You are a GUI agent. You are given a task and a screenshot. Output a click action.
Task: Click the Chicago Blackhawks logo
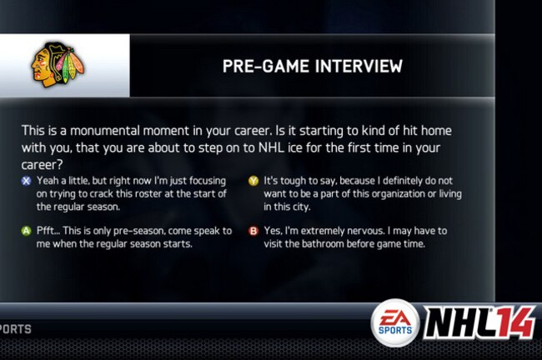click(58, 65)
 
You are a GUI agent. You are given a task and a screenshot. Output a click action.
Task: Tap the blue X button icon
click(27, 181)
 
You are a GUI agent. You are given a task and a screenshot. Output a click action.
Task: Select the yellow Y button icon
click(253, 181)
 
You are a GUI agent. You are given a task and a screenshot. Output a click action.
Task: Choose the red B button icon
click(253, 231)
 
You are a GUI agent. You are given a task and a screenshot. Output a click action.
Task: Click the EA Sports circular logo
click(395, 323)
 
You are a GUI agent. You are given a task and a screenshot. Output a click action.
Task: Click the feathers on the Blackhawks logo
click(71, 64)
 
